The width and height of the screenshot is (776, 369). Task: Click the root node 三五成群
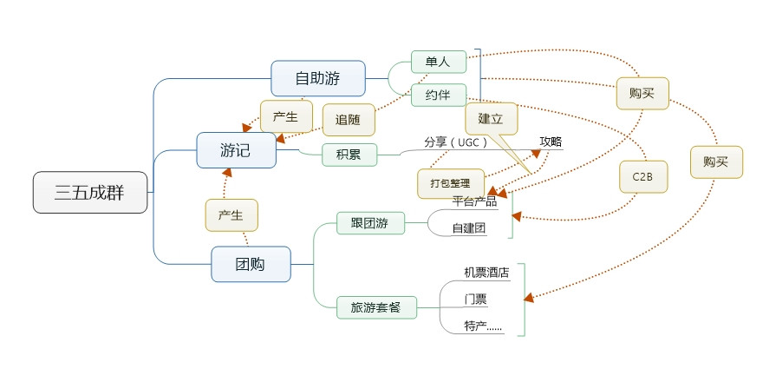89,193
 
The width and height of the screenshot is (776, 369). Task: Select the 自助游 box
317,78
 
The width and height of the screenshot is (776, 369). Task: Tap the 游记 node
235,150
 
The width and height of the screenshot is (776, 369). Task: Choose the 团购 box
251,264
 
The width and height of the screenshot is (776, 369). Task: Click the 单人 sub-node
438,62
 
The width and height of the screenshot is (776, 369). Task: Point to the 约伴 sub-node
438,94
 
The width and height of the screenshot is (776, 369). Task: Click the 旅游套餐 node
375,307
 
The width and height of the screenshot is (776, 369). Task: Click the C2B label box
642,176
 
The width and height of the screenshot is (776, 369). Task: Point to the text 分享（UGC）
456,142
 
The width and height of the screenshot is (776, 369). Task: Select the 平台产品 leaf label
474,201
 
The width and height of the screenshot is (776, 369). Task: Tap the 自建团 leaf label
469,229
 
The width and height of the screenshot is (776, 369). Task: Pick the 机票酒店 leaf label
486,273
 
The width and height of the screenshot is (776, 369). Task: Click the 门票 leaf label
475,300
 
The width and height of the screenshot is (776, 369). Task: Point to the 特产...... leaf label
483,326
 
